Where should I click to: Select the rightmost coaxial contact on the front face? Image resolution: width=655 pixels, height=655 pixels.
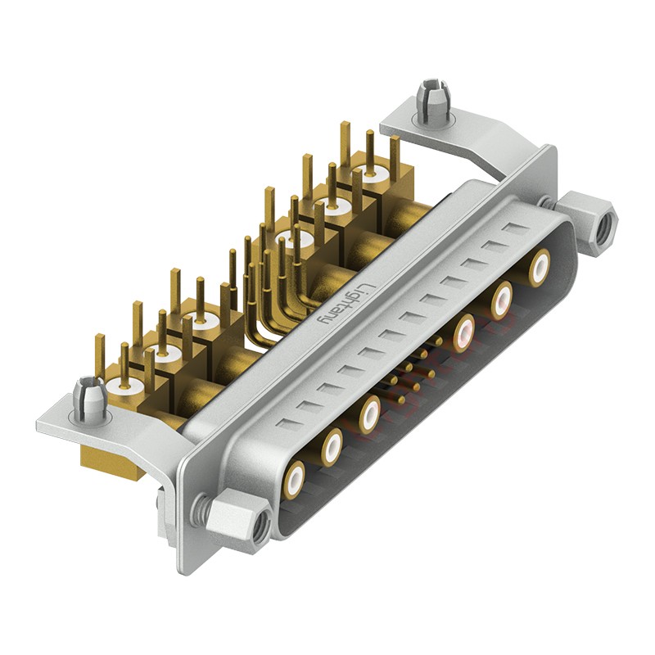coord(539,268)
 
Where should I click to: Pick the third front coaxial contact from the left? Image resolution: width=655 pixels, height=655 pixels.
coord(370,413)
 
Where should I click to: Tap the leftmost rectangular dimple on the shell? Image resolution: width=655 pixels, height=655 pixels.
coord(287,424)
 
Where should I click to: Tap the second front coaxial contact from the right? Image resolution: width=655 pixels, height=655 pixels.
coord(501,300)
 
